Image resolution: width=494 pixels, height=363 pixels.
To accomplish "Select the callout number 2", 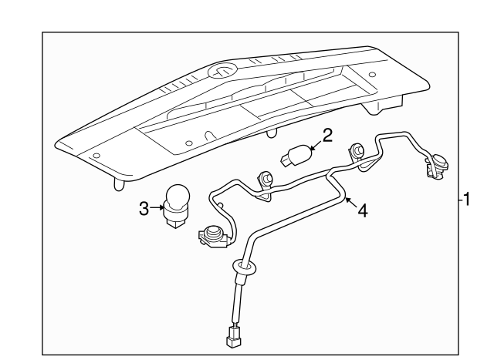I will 327,136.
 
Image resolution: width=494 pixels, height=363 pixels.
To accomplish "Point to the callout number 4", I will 363,210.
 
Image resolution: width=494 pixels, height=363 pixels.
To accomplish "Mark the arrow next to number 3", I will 157,207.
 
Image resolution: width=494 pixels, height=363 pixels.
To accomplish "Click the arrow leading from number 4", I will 349,202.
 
